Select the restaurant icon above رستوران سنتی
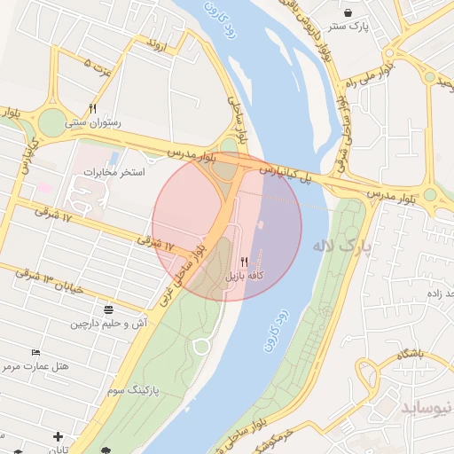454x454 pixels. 92,108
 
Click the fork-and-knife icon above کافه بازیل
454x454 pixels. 244,262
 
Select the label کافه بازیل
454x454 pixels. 244,277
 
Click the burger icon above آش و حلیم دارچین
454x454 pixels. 108,309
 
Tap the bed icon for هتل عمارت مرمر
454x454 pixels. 35,353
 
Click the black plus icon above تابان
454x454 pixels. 59,436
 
